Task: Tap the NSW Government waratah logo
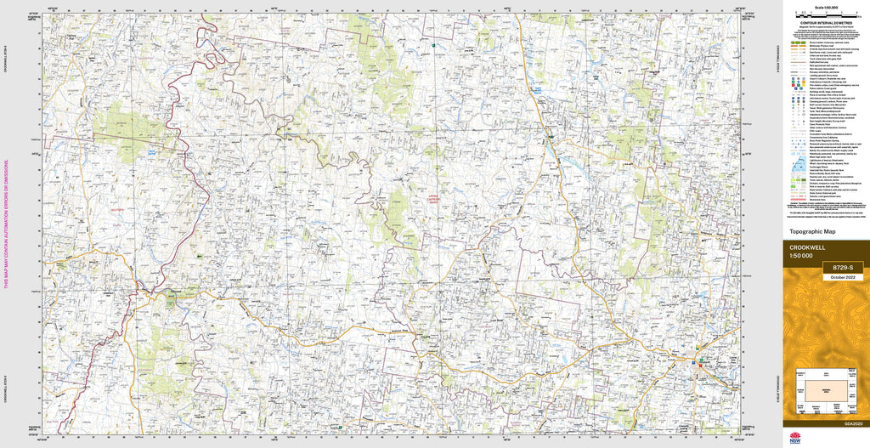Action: click(794, 439)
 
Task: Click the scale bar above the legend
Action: click(824, 14)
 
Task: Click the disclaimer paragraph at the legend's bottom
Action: click(824, 207)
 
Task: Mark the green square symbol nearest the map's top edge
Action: click(433, 44)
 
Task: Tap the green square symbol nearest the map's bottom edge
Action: click(341, 427)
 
